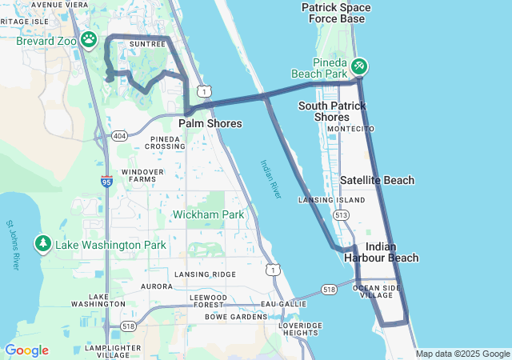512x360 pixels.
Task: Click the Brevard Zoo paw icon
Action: coord(89,38)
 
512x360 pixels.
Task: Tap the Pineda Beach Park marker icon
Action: coord(360,64)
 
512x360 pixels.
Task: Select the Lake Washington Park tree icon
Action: coord(43,242)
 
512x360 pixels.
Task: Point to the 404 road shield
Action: coord(119,135)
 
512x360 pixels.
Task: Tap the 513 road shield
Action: coord(342,215)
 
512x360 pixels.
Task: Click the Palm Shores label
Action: coord(210,124)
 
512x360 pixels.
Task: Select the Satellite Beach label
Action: coord(378,180)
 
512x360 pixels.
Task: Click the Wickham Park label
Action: coord(209,214)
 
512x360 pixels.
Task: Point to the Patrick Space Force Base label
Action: coord(336,13)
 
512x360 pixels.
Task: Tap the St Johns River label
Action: coord(12,245)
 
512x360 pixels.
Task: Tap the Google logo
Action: coord(26,350)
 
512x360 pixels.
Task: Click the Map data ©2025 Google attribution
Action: coord(462,354)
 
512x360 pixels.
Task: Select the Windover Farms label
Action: coord(142,175)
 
